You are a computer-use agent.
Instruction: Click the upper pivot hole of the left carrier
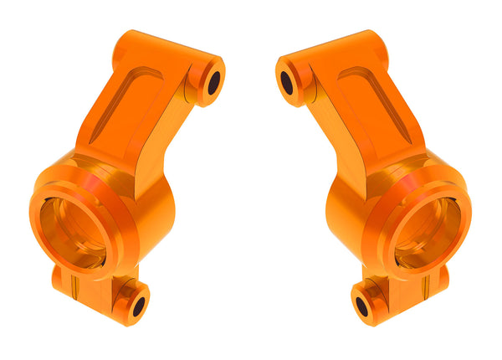coord(213,82)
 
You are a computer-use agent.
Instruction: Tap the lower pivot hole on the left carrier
coord(139,306)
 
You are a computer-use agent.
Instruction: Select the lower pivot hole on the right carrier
coord(362,306)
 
